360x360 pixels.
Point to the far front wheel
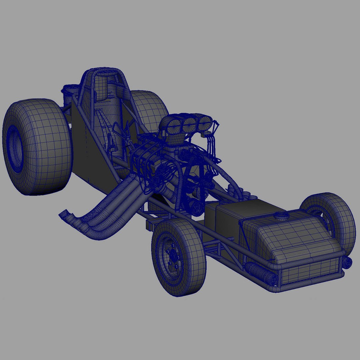(x=330, y=220)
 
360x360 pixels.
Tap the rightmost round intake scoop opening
(x=204, y=123)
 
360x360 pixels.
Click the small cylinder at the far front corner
(x=347, y=262)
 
